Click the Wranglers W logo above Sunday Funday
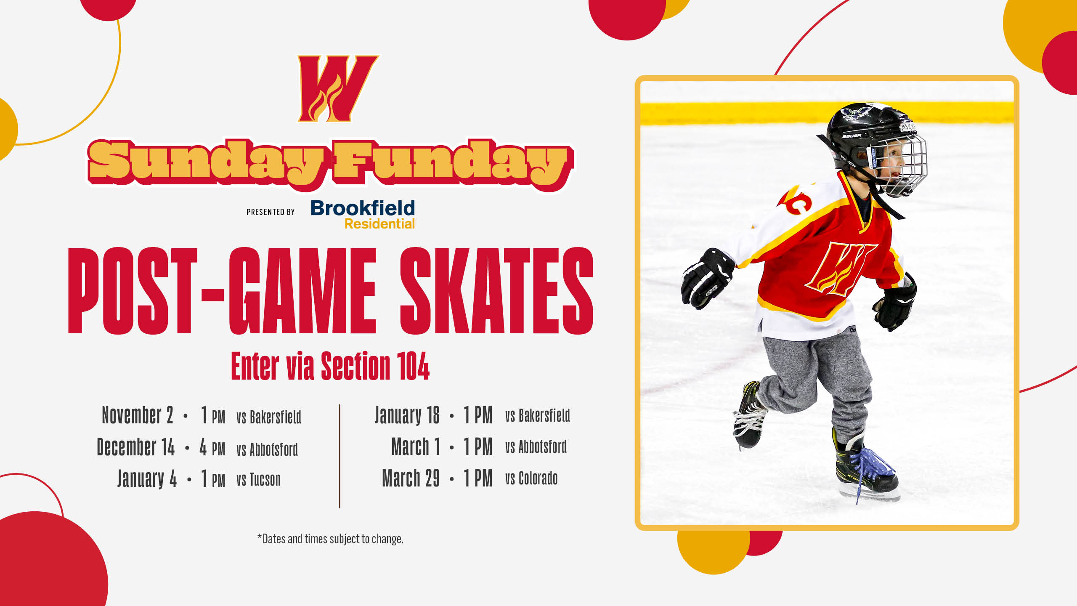tap(338, 89)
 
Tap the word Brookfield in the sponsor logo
tap(363, 208)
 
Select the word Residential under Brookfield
tap(379, 224)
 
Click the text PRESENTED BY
tap(271, 212)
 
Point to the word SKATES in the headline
tap(496, 291)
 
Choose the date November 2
tap(137, 415)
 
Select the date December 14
tap(135, 447)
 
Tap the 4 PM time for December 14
tap(212, 447)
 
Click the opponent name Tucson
tap(265, 480)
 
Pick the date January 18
tap(407, 415)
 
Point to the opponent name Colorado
tap(538, 478)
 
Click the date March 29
tap(411, 478)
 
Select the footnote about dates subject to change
tap(330, 539)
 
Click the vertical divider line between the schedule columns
tap(340, 456)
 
